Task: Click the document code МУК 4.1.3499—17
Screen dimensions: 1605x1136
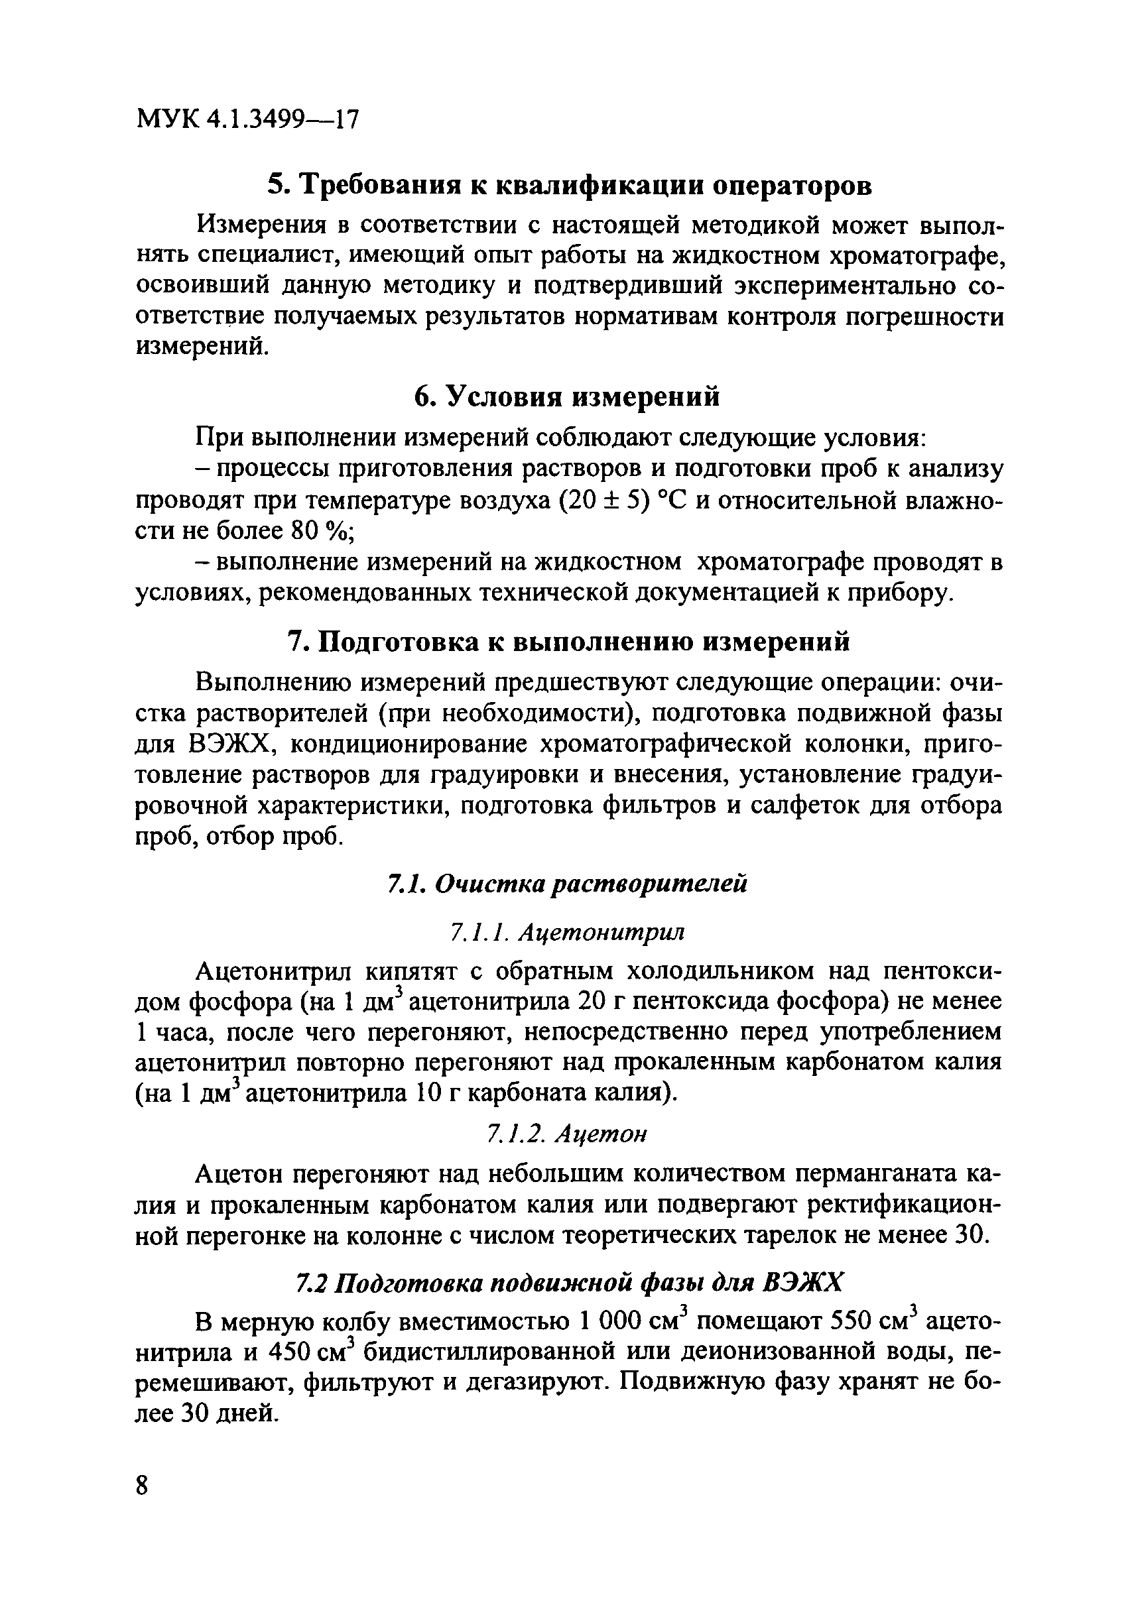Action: pyautogui.click(x=247, y=119)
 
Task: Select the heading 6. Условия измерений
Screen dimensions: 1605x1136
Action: pyautogui.click(x=566, y=396)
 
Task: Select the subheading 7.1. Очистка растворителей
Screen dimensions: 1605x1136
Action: pyautogui.click(x=567, y=884)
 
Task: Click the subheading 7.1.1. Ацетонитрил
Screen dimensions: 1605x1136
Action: pyautogui.click(x=567, y=932)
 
